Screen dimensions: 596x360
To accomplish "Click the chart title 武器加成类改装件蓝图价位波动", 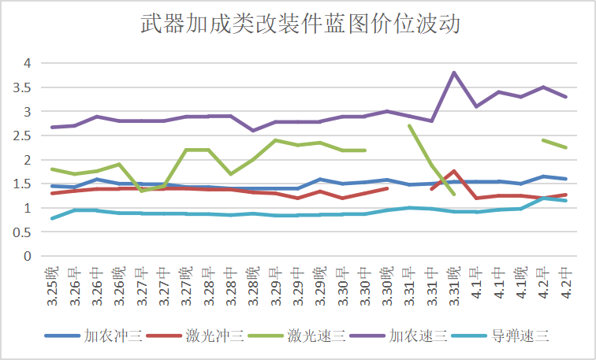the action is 300,24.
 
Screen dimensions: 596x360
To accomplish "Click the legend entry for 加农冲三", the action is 94,336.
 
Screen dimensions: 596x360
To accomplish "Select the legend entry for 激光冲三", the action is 195,336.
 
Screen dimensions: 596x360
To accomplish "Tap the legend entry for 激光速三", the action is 296,336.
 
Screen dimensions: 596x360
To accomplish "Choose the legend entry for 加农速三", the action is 398,336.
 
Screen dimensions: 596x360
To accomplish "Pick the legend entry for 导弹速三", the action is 500,336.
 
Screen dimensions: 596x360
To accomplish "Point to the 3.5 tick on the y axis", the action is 22,87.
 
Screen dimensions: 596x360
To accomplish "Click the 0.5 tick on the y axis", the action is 22,232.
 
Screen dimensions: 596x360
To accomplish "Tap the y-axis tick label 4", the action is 28,64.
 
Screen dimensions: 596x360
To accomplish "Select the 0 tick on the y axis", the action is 28,256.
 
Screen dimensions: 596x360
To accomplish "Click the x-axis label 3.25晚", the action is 53,286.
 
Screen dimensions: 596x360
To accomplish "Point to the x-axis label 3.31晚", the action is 454,286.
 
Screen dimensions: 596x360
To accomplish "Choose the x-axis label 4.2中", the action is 566,283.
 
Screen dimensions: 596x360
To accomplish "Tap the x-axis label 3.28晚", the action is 254,286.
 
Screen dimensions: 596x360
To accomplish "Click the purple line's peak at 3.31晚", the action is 454,72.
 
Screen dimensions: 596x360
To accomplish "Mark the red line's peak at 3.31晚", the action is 454,171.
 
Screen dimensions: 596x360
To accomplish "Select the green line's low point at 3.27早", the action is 142,191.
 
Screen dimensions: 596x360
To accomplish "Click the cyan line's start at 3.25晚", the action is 53,218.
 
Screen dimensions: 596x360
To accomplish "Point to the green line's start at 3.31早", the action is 409,126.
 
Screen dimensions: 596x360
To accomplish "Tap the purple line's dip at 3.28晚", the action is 254,131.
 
